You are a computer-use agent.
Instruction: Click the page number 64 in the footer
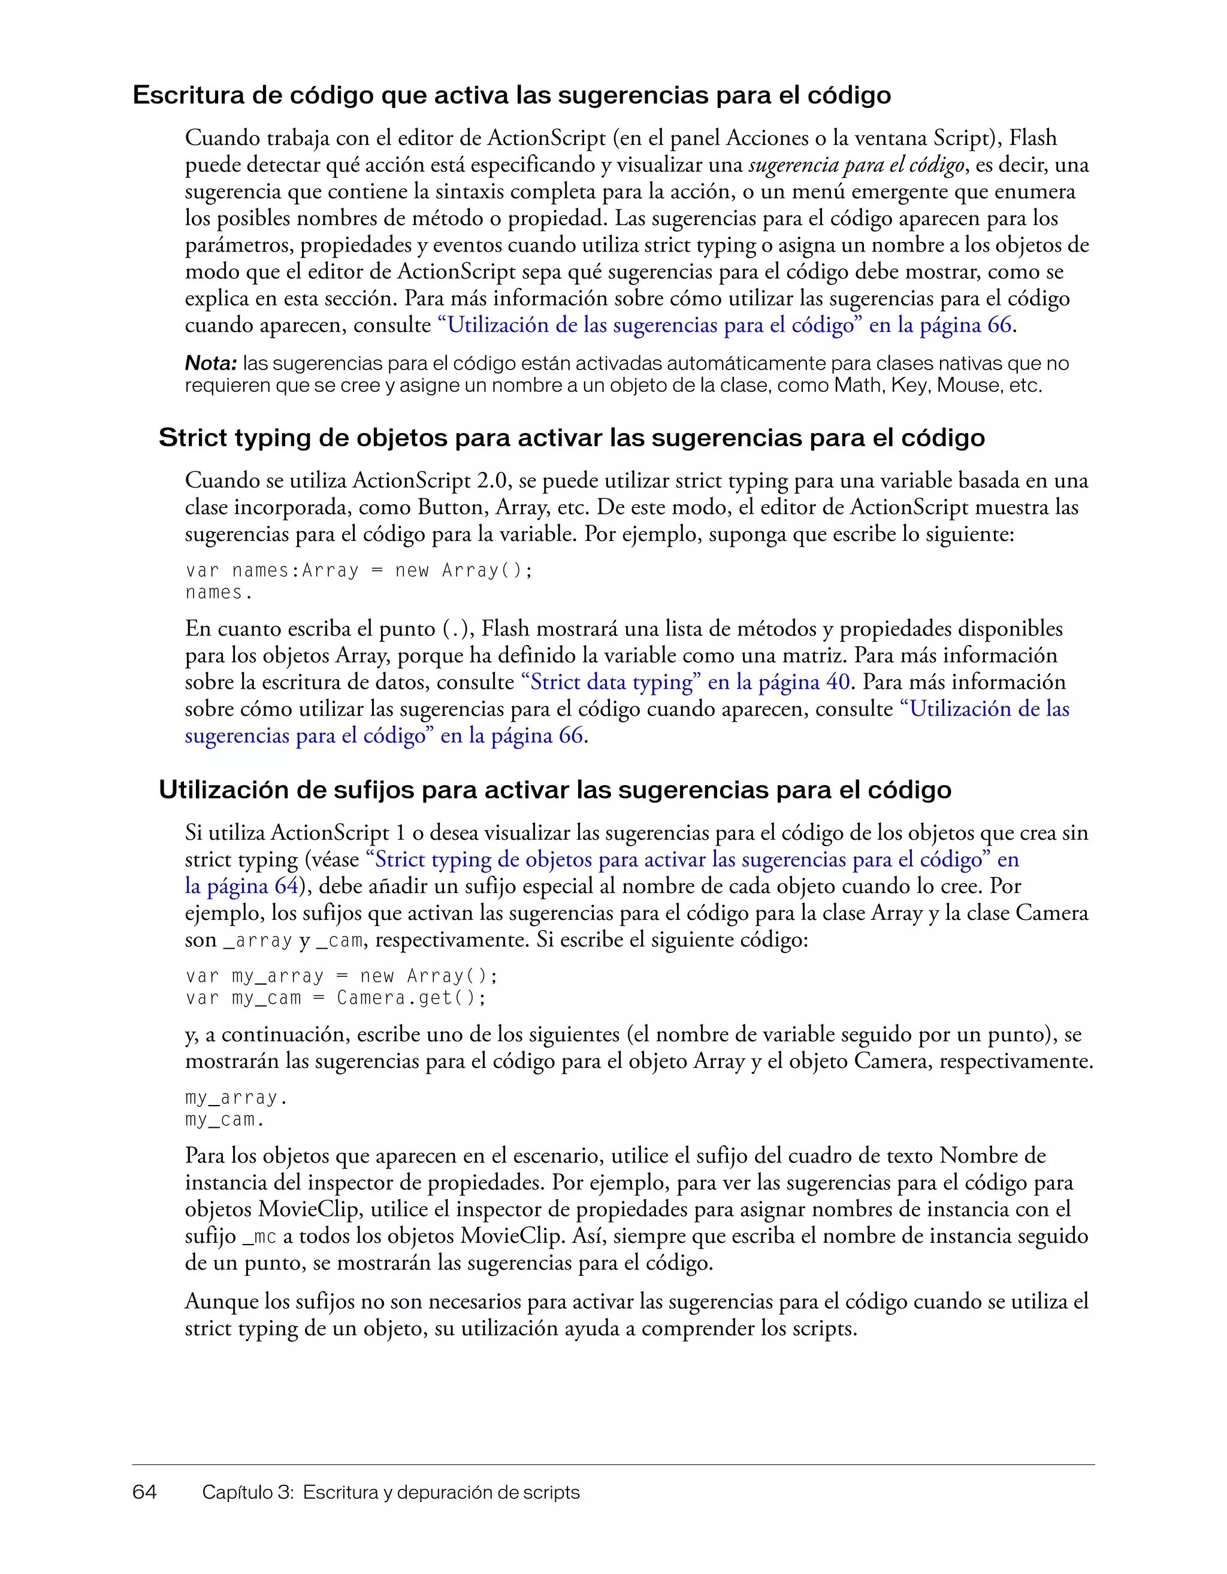144,1492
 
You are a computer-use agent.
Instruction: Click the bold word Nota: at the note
210,363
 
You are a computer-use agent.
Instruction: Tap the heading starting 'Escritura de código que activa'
511,95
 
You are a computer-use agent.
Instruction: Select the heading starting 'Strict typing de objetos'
571,437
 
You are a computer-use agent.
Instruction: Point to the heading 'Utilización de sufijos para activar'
554,790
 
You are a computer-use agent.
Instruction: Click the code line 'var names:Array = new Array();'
358,570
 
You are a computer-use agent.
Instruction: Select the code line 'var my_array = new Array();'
341,976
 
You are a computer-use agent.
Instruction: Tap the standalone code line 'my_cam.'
225,1119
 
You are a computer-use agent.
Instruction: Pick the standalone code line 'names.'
219,592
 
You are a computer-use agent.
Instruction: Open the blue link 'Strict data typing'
611,682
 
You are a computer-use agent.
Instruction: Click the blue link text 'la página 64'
241,886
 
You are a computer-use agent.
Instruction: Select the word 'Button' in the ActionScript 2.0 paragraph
451,507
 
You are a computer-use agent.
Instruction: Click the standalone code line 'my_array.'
235,1098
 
